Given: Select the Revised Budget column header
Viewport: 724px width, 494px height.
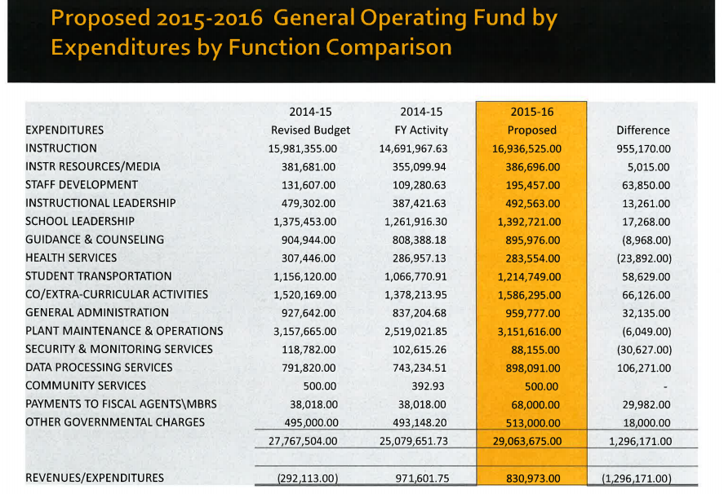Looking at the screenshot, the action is point(310,130).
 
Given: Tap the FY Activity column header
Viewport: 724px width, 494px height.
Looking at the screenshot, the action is point(421,130).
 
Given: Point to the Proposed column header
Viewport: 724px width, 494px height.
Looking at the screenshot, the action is point(532,130).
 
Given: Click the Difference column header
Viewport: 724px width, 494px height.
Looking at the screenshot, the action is point(642,130).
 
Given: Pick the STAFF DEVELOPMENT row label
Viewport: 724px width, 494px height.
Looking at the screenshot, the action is point(82,185).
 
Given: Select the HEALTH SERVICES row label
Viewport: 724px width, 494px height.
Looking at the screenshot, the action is point(71,258).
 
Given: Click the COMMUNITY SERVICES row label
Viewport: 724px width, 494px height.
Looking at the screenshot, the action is point(86,386).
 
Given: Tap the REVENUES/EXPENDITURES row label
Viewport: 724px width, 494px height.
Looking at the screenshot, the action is point(95,478).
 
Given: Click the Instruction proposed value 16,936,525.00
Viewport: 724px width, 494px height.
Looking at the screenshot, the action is point(526,149).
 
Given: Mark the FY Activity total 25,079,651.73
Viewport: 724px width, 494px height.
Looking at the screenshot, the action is point(414,441).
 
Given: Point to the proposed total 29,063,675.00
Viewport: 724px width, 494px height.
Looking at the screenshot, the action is point(527,441).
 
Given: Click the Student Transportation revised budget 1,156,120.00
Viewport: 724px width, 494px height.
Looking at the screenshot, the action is point(304,276).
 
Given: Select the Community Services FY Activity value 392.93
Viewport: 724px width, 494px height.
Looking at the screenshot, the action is point(428,386).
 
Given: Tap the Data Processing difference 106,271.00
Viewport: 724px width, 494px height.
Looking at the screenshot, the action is point(644,368).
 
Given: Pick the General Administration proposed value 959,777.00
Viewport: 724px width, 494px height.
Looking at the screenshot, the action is point(532,313).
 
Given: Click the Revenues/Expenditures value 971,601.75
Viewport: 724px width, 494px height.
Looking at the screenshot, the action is point(422,479).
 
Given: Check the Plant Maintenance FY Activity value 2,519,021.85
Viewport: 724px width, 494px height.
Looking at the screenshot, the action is point(415,332).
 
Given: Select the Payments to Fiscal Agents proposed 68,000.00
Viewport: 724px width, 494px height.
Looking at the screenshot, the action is point(535,404).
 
